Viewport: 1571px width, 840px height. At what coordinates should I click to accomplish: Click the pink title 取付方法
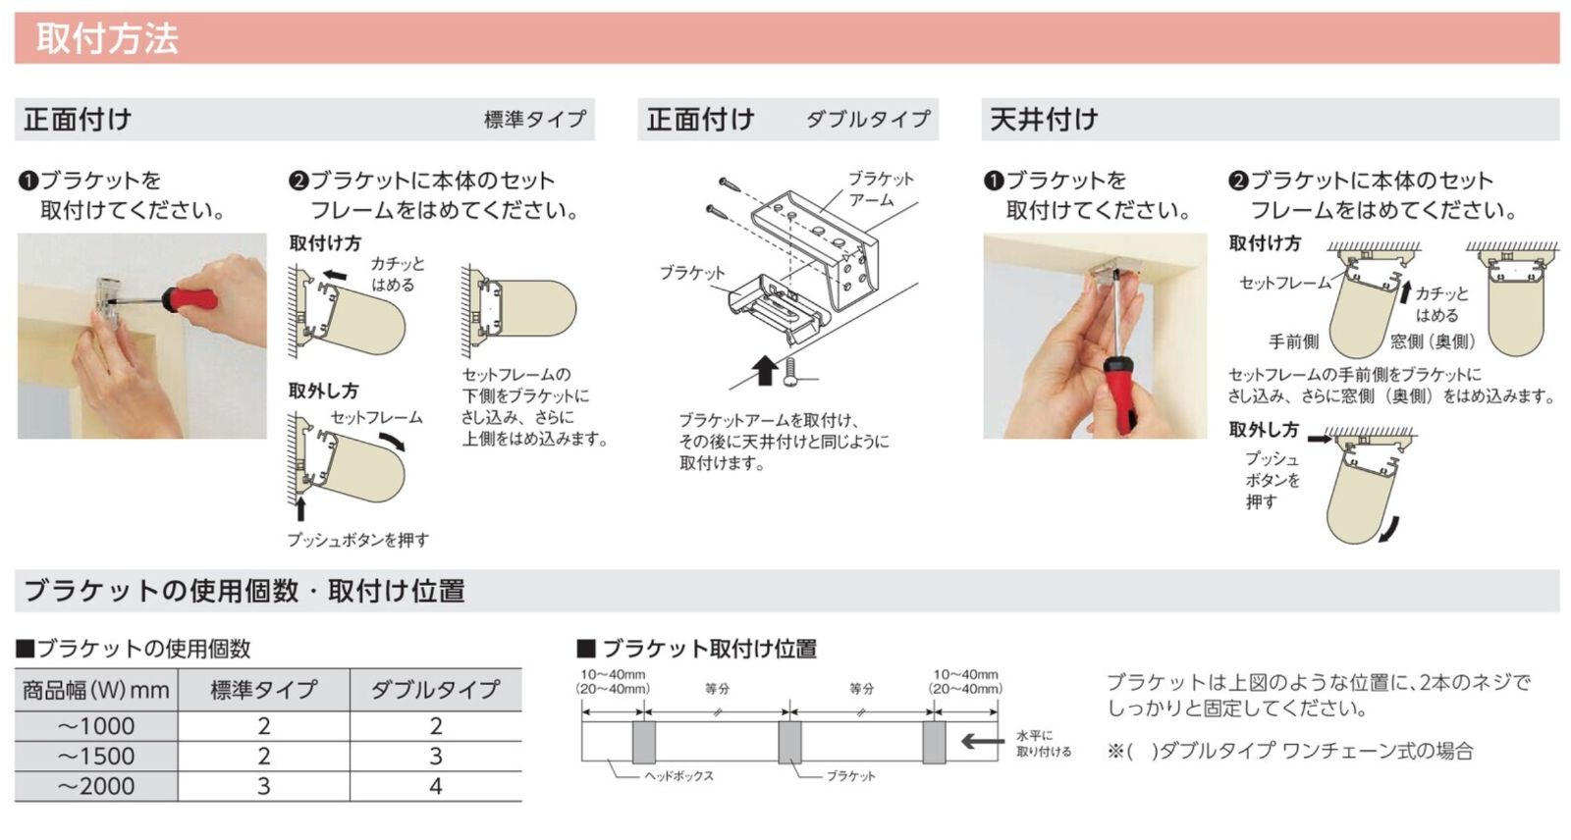click(107, 39)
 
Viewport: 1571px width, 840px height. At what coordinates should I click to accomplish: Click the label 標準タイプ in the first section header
click(535, 120)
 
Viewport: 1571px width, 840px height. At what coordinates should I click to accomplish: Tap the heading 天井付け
click(1044, 120)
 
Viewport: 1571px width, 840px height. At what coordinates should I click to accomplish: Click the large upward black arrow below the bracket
click(766, 372)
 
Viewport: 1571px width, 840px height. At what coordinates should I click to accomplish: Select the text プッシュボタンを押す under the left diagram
click(357, 540)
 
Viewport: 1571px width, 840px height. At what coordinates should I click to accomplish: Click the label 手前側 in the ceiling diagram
click(1293, 341)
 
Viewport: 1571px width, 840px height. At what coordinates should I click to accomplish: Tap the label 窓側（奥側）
click(1433, 341)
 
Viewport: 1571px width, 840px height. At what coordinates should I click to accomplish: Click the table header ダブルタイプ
click(435, 690)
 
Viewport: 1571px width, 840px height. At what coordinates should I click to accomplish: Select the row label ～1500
click(95, 757)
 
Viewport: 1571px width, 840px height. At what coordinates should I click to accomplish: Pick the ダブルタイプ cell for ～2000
click(435, 786)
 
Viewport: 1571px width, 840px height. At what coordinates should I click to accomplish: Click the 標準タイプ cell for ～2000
click(263, 786)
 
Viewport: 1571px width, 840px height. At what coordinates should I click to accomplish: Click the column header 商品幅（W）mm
click(95, 690)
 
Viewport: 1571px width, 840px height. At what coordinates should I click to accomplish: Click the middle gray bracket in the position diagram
click(789, 743)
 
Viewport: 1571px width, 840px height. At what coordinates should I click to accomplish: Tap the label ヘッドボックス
click(678, 776)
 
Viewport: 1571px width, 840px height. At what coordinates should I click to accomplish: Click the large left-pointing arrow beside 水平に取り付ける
click(982, 742)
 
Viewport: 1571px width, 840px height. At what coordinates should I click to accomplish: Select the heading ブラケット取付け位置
click(708, 649)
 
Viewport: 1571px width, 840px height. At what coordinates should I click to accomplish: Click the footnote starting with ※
click(1290, 752)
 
